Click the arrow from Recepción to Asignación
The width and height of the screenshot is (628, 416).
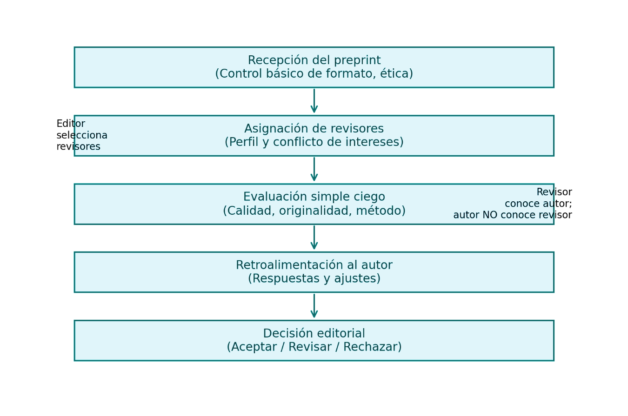tap(314, 101)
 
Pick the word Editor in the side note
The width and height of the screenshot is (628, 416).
tap(71, 124)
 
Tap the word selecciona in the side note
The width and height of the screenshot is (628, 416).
tap(82, 135)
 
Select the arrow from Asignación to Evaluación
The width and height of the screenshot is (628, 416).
tap(314, 169)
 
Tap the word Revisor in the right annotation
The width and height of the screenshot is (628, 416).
tap(554, 192)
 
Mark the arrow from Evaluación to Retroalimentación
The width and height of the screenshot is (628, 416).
tap(314, 238)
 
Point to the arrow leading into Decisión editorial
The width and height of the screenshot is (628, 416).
tap(314, 306)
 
